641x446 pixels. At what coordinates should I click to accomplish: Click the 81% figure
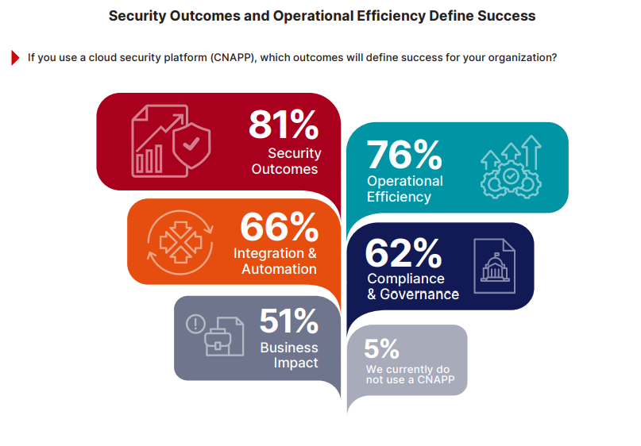284,125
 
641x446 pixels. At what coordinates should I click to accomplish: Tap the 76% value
404,155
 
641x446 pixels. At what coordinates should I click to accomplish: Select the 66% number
279,229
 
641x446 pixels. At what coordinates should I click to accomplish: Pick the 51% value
288,321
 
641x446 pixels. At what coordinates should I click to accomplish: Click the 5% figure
381,349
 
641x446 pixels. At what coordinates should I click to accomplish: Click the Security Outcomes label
285,161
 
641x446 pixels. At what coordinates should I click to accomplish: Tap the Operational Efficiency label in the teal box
404,189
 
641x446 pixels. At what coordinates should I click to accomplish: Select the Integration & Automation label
275,261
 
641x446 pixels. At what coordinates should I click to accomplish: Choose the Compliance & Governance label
412,286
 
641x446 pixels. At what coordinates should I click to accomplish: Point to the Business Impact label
289,355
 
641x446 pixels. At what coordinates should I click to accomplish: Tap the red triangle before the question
15,57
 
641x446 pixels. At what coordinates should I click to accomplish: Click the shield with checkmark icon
191,145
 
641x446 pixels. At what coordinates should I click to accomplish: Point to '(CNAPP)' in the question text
234,57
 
